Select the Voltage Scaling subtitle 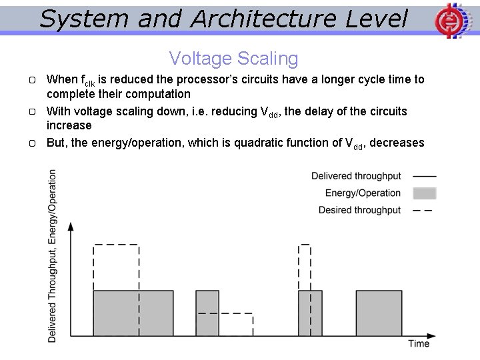pyautogui.click(x=233, y=59)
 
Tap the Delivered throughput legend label pyautogui.click(x=356, y=176)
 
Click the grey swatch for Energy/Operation pyautogui.click(x=424, y=193)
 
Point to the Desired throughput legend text pyautogui.click(x=359, y=210)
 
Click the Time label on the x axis pyautogui.click(x=419, y=344)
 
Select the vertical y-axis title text pyautogui.click(x=53, y=256)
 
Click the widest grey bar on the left pyautogui.click(x=133, y=313)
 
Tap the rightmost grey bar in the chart pyautogui.click(x=379, y=313)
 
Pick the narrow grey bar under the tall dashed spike pyautogui.click(x=310, y=313)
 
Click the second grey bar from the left pyautogui.click(x=207, y=313)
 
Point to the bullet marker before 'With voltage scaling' pyautogui.click(x=33, y=111)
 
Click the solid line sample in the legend pyautogui.click(x=424, y=176)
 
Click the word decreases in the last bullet pyautogui.click(x=397, y=143)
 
